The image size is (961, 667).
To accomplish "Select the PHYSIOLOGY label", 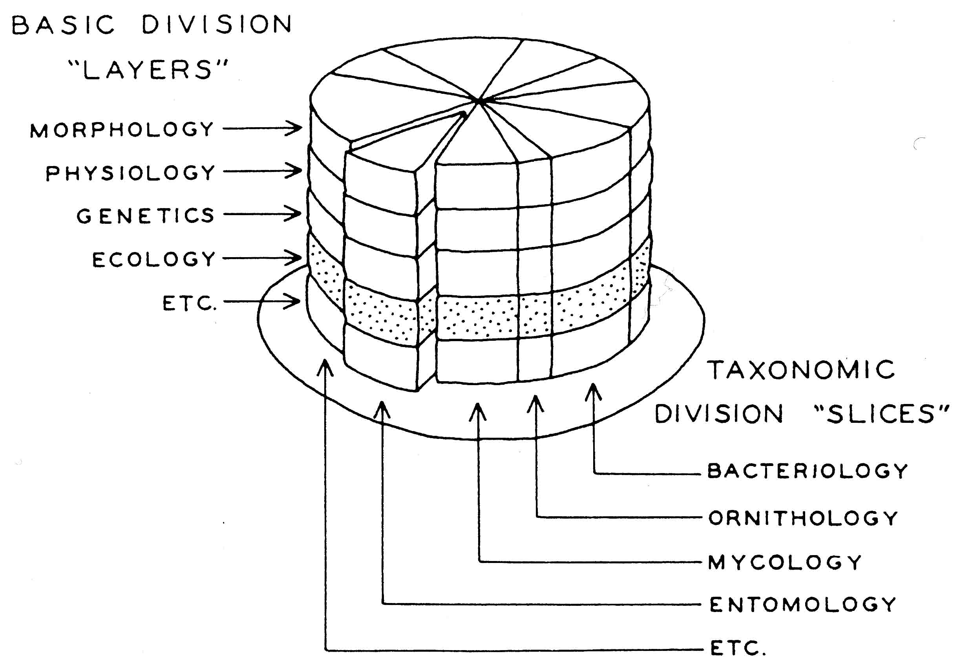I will pos(130,173).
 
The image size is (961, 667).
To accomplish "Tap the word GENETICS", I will pos(145,216).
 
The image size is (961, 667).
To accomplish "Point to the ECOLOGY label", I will pos(154,259).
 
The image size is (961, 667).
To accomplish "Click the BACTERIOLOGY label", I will pos(807,471).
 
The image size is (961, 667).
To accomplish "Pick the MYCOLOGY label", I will pos(785,563).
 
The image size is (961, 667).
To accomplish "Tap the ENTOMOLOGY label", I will pos(803,605).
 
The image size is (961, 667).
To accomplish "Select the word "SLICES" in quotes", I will pos(882,414).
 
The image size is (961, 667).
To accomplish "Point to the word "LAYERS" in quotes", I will pos(148,70).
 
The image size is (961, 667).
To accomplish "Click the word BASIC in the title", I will pos(63,25).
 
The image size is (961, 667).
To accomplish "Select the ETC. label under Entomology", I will pos(738,648).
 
